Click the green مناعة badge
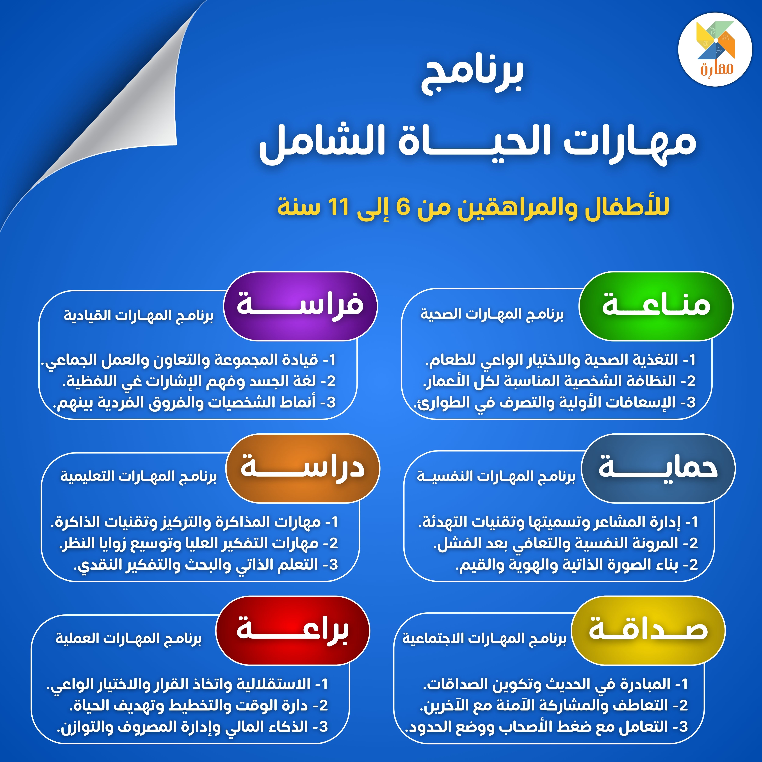coord(655,306)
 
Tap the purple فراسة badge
coord(300,306)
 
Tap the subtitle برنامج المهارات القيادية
coord(139,316)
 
